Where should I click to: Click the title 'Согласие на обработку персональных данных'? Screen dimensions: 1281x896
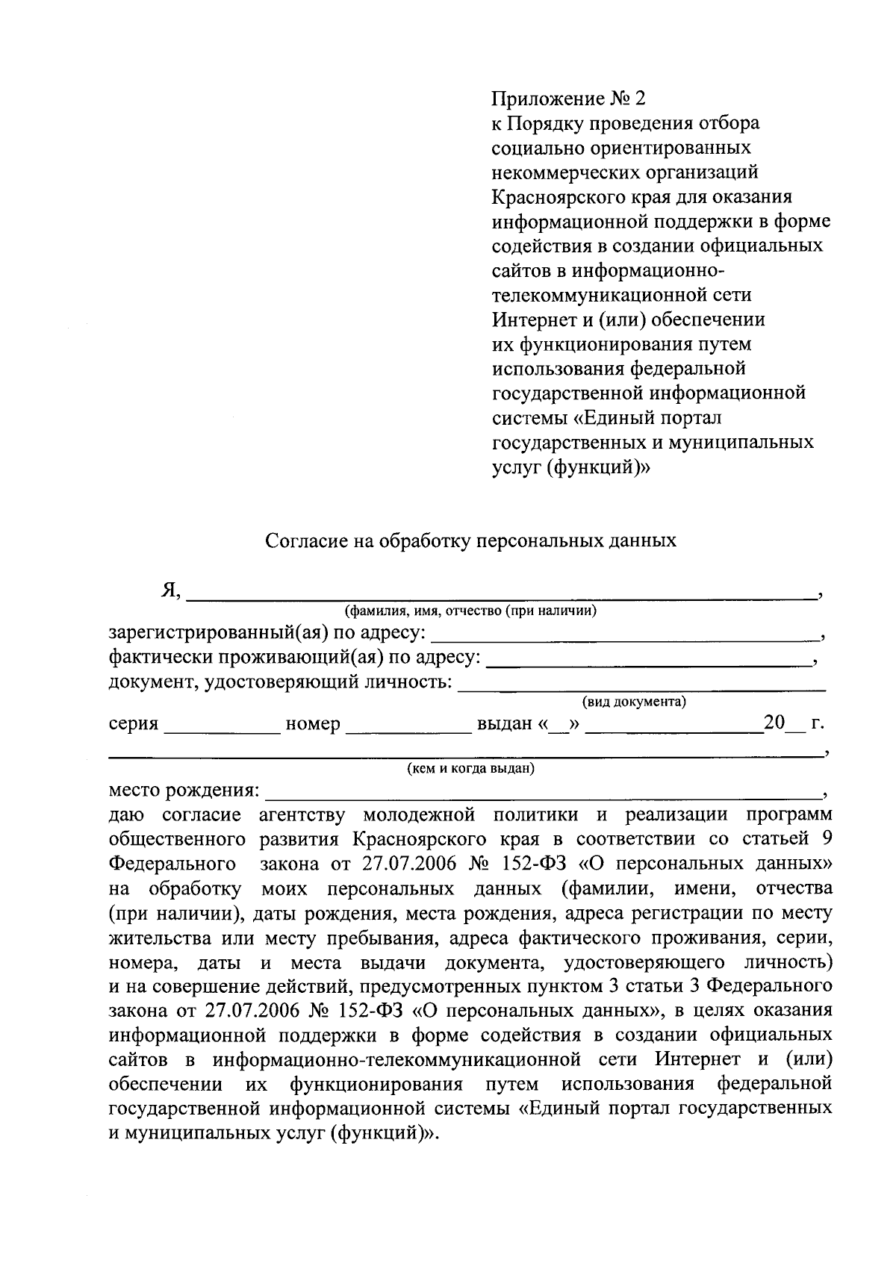(471, 540)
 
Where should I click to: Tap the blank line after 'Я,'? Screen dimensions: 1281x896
(500, 593)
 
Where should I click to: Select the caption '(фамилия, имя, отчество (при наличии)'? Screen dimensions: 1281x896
(470, 611)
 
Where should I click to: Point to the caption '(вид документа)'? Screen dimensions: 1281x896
(634, 702)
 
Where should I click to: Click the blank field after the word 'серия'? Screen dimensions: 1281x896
(221, 725)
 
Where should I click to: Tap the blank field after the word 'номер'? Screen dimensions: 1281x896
(408, 725)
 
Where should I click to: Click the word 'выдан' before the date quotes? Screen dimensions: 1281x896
(504, 724)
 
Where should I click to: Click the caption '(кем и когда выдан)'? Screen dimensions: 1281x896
(470, 768)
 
